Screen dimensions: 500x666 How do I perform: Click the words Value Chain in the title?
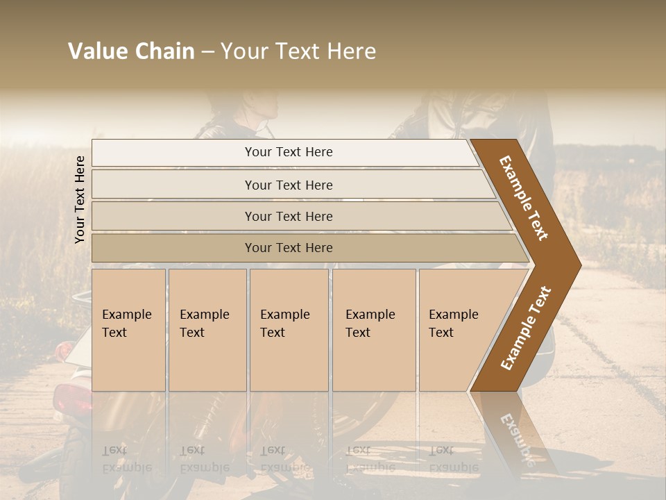(131, 51)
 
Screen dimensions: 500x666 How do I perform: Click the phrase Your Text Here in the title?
(298, 51)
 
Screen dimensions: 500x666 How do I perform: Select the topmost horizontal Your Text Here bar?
(289, 152)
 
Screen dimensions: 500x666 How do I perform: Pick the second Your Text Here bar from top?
(289, 185)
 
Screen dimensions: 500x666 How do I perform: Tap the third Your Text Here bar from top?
(289, 216)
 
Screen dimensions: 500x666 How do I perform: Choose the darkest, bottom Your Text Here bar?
(289, 248)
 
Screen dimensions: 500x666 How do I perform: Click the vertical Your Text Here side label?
(80, 199)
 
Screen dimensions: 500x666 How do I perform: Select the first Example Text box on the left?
(128, 329)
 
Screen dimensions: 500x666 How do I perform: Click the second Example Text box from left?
(207, 329)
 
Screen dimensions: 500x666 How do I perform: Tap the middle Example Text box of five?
(288, 329)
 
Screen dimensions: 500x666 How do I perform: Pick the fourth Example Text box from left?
(373, 329)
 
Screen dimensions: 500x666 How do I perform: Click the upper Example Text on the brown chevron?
(524, 198)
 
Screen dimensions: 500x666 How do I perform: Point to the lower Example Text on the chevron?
(526, 328)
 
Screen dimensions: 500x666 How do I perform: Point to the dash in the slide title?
(207, 52)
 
